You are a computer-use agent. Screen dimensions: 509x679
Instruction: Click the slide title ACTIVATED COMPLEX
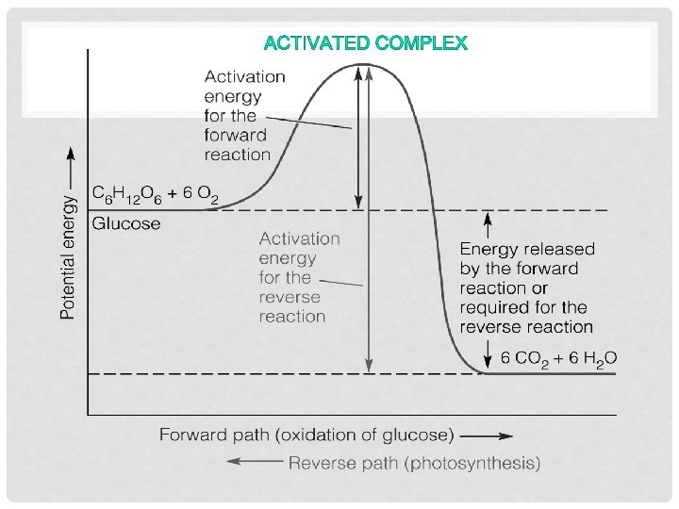pos(366,43)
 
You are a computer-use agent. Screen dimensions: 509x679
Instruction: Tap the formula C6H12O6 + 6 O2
pos(156,194)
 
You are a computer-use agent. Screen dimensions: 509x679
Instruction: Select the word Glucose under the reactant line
pos(126,224)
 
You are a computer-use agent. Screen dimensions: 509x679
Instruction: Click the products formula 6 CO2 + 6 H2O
pos(558,358)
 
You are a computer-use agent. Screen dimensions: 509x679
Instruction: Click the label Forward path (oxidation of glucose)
pos(306,435)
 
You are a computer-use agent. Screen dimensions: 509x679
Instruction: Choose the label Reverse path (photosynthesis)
pos(415,463)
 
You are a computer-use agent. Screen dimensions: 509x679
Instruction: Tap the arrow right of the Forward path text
pos(488,436)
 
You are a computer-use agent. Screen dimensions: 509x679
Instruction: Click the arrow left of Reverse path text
pos(255,462)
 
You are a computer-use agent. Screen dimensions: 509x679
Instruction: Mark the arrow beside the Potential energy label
pos(68,165)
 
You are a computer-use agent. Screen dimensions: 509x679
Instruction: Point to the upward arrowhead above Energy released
pos(488,219)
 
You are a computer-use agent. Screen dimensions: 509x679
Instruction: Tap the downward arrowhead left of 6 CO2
pos(488,361)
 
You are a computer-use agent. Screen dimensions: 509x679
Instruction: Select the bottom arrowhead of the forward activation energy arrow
pos(358,202)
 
